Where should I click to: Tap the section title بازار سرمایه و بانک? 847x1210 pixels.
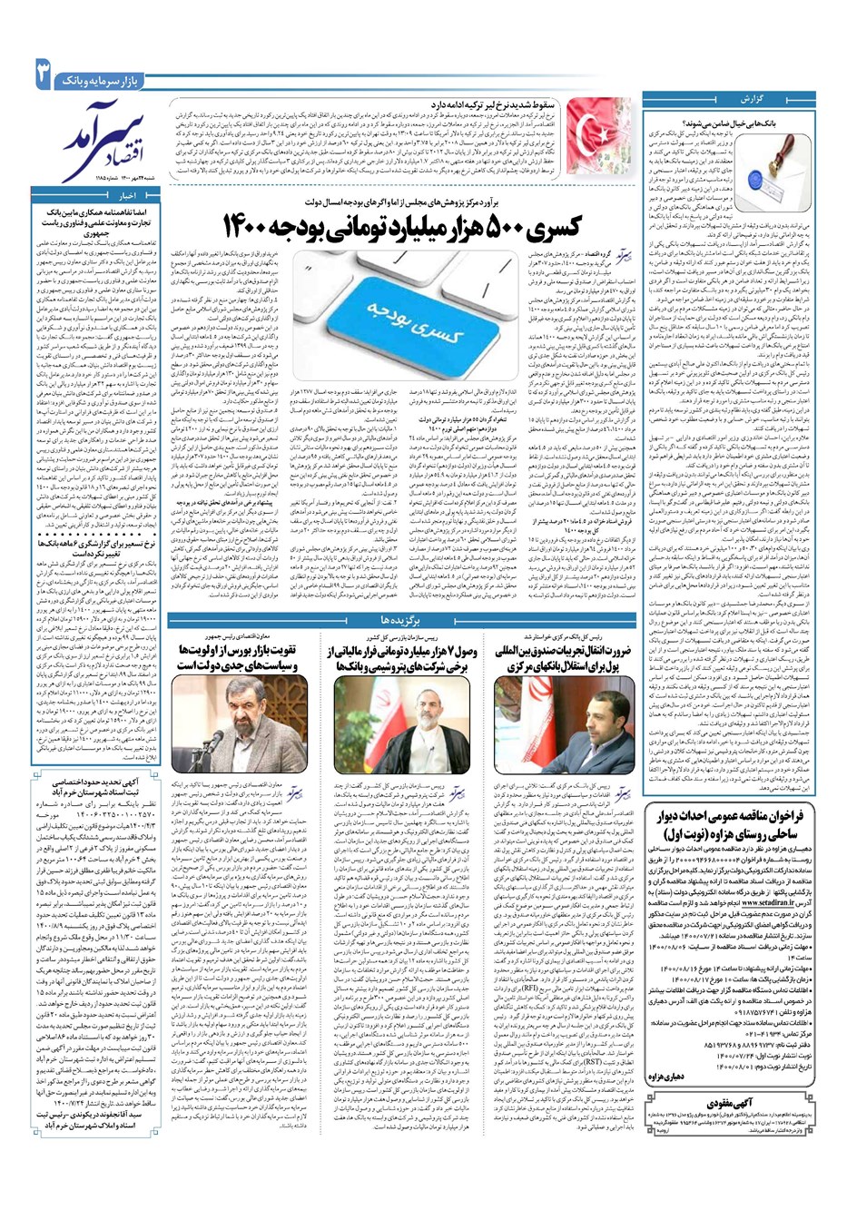[105, 81]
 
